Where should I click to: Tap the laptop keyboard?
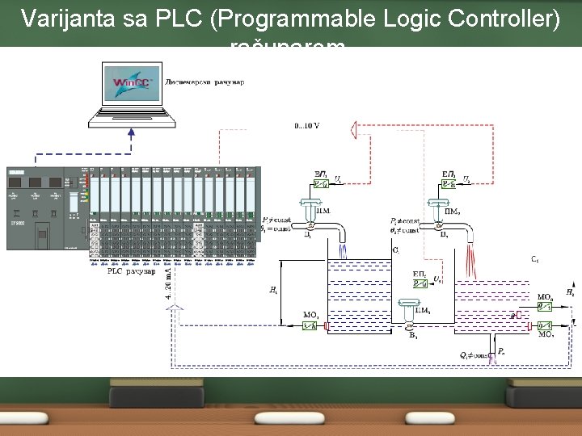(x=132, y=116)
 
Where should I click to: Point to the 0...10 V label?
(x=306, y=125)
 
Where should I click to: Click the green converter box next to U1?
(x=322, y=185)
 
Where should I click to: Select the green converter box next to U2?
(x=449, y=185)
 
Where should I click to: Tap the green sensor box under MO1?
(x=310, y=326)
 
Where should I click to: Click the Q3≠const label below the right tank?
(x=468, y=354)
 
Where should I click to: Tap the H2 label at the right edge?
(x=571, y=291)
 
